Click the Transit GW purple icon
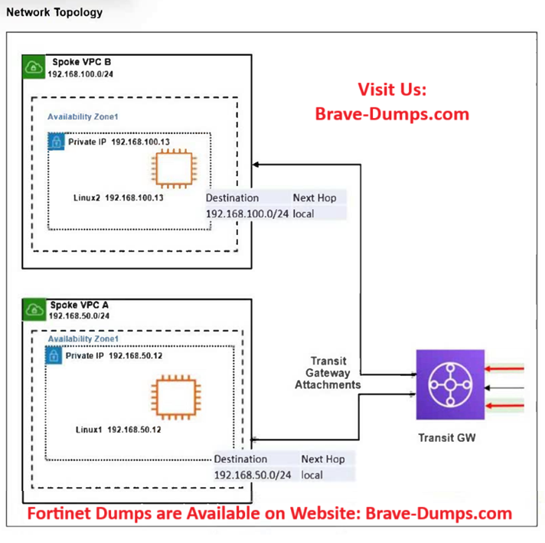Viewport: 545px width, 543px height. pos(449,384)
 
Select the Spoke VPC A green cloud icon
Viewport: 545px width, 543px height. pos(34,309)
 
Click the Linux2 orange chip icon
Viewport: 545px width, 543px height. pos(174,167)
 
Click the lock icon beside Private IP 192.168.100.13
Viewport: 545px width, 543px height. pos(55,142)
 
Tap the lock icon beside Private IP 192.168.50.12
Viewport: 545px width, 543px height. pos(54,356)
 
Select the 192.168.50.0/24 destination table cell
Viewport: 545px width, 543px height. pos(253,475)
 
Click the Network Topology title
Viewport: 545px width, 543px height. pos(54,13)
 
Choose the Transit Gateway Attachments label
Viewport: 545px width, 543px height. pos(327,373)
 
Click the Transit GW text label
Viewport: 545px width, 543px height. pos(449,438)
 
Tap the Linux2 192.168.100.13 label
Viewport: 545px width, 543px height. pos(118,198)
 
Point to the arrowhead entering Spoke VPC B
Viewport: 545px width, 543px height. pos(258,163)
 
